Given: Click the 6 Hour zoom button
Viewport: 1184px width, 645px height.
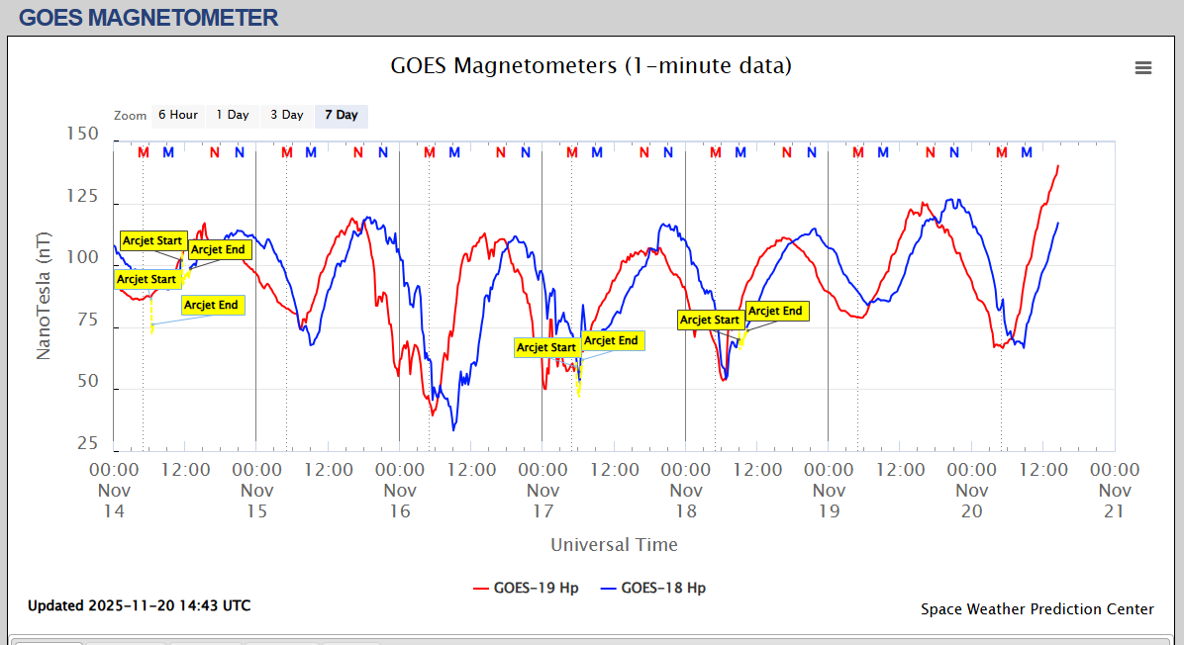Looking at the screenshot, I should [178, 115].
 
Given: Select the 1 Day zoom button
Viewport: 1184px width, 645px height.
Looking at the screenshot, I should [233, 115].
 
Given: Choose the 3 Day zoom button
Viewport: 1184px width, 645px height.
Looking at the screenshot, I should [287, 115].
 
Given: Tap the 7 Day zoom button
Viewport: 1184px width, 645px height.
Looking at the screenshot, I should [342, 115].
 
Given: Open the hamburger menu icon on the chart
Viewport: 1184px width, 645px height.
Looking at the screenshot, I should [1143, 67].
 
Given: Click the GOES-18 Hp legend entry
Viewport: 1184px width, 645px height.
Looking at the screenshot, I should [653, 588].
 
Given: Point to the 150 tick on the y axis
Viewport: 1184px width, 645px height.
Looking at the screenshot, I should [81, 134].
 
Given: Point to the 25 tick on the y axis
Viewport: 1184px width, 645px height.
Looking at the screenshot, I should [87, 444].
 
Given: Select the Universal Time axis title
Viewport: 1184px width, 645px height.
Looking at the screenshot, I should [614, 544].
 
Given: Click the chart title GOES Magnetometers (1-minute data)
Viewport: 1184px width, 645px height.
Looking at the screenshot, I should [591, 66].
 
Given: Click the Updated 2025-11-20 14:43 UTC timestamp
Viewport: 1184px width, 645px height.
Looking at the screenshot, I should [139, 605].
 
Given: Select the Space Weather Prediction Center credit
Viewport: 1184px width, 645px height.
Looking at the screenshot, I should [1036, 609].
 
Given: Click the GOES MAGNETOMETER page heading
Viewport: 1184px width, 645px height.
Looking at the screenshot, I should [148, 17].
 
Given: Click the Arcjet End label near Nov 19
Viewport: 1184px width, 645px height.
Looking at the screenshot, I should [776, 311].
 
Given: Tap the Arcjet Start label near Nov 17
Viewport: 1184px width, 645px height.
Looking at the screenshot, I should [546, 347].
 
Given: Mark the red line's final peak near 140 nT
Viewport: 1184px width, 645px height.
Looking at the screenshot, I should [1058, 166].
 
